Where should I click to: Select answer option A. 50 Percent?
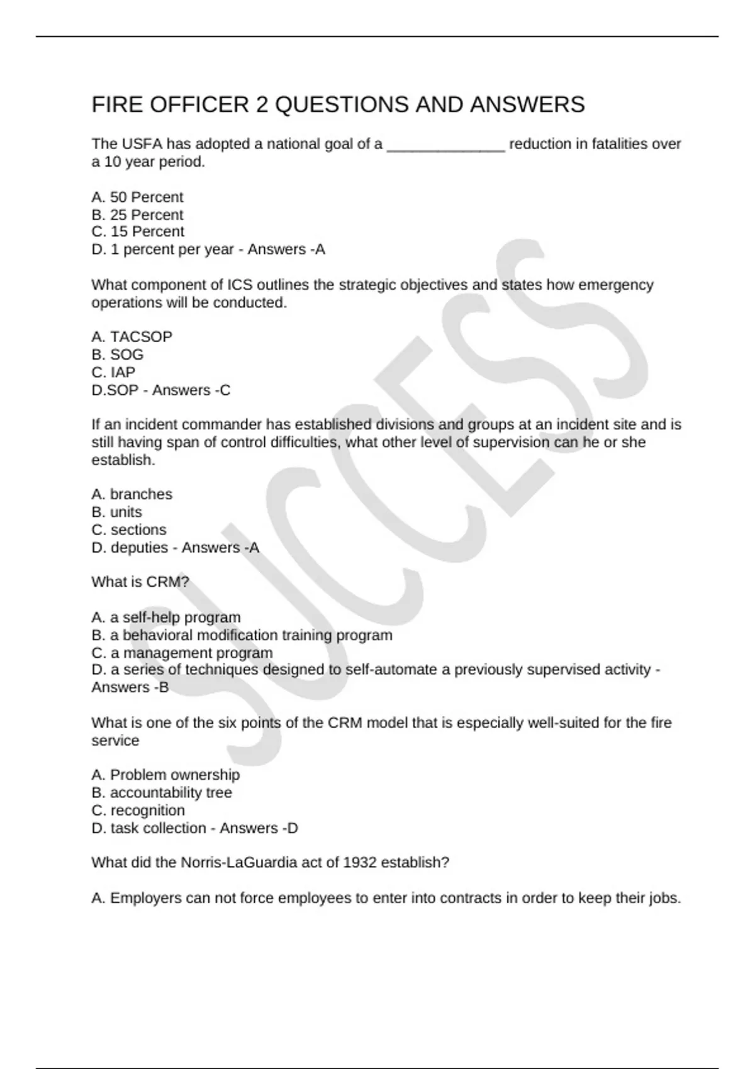(137, 197)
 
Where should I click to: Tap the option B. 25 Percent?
(137, 215)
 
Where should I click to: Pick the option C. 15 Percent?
(138, 232)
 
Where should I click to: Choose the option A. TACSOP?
(131, 337)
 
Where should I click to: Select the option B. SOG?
(118, 355)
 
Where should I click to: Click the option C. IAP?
(113, 372)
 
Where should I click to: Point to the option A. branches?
(131, 494)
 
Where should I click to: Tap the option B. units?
(116, 512)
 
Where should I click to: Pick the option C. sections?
(129, 529)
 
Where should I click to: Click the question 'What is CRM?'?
(140, 582)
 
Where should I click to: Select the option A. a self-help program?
(166, 618)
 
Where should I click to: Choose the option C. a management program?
(182, 653)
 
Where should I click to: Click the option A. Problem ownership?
(165, 775)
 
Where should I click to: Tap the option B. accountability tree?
(162, 792)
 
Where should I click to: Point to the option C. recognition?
(138, 810)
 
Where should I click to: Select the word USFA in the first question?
(142, 144)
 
